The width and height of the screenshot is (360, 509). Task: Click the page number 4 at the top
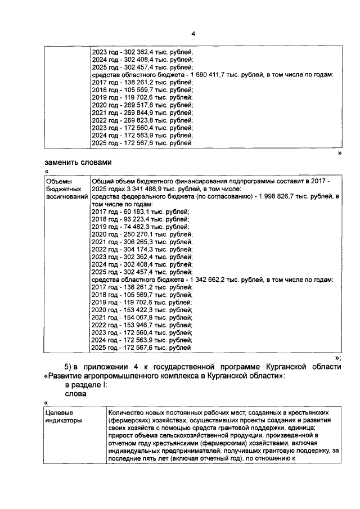pos(193,34)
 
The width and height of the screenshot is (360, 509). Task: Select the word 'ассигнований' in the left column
pos(66,197)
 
